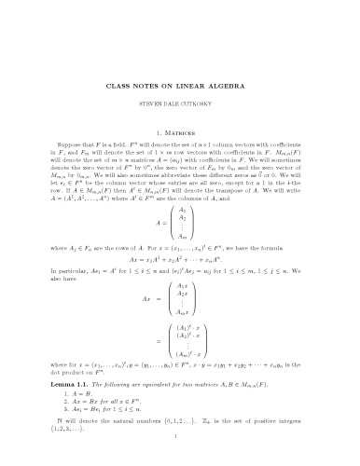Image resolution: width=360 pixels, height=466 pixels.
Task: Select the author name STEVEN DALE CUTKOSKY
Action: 180,91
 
